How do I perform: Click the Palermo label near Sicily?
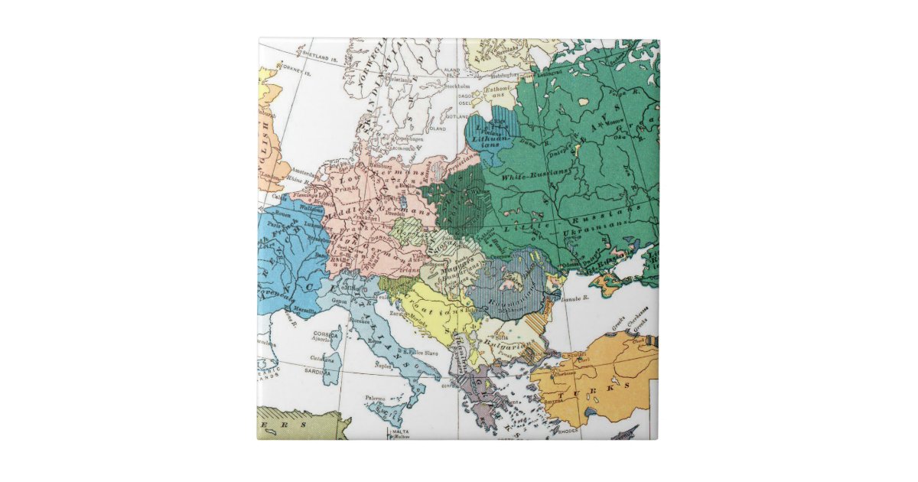tap(375, 399)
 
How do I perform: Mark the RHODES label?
tap(568, 431)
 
